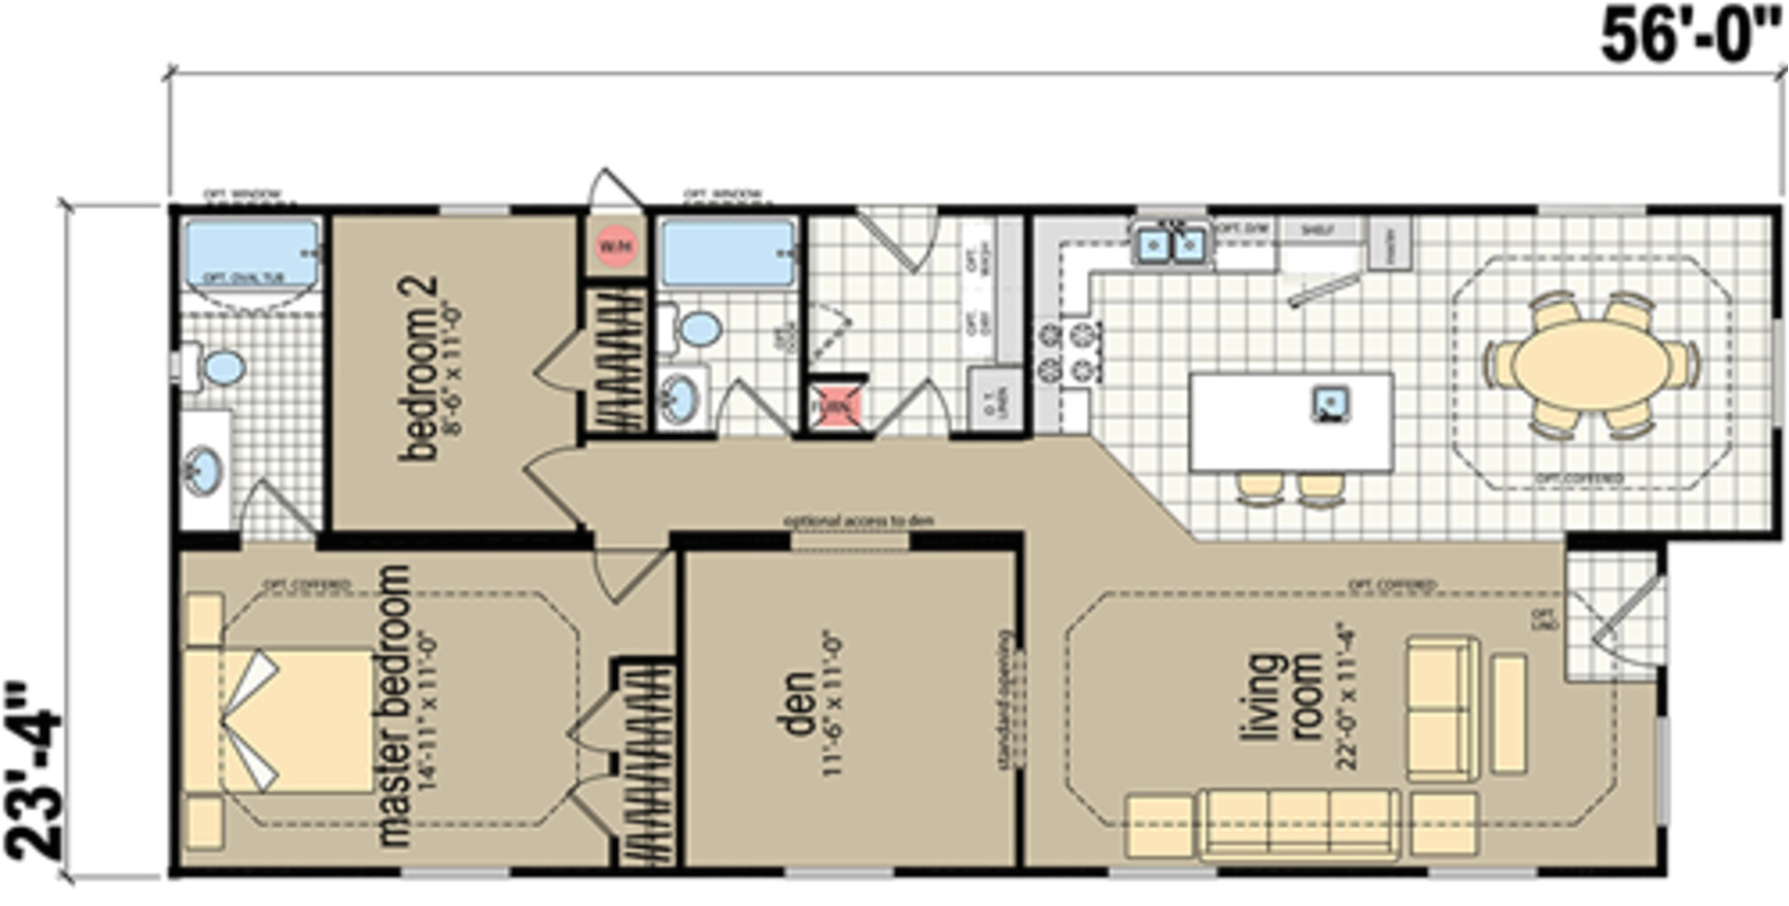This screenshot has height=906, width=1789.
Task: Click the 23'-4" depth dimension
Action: (35, 774)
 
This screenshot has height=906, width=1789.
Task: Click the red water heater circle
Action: (615, 247)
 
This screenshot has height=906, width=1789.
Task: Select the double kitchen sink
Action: (1170, 245)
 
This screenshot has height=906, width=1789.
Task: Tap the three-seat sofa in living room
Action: (1300, 824)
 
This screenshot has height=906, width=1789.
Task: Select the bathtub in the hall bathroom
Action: (728, 252)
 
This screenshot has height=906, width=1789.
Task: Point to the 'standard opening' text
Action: (1004, 700)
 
